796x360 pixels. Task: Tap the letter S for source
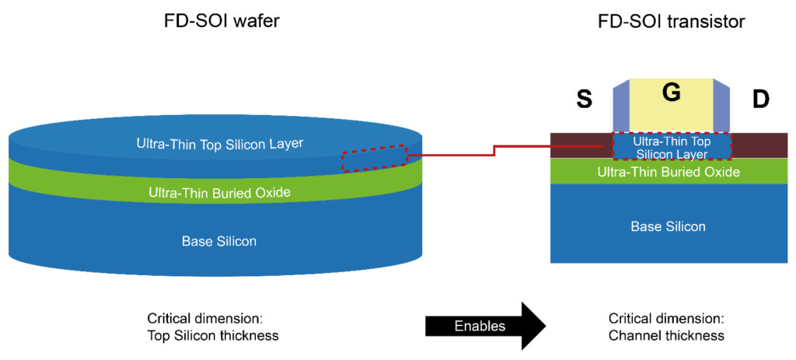coord(585,100)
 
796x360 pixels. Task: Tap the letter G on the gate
coord(671,93)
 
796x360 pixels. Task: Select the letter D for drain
coord(760,100)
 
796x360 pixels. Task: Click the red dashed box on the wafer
coord(374,158)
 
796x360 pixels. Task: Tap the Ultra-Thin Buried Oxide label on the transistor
coord(669,172)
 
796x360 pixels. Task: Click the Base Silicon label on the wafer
coord(218,241)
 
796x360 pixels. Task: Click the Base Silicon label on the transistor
coord(669,226)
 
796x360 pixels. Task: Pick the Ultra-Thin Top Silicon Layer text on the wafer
coord(219,143)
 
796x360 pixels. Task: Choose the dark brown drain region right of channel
coord(758,145)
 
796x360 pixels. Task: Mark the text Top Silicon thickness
coord(212,336)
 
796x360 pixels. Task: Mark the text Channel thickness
coord(666,336)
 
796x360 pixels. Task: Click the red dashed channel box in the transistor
coord(671,147)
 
